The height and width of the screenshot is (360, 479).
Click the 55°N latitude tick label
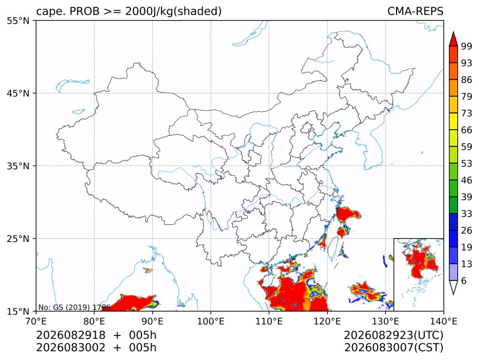click(18, 21)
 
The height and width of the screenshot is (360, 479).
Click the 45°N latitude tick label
click(18, 93)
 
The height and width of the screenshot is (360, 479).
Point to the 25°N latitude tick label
click(18, 239)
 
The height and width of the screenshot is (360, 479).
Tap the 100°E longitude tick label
click(211, 321)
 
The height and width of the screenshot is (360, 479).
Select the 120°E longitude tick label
click(327, 321)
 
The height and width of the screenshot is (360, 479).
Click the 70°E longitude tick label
click(36, 321)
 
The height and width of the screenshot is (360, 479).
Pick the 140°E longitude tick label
click(443, 321)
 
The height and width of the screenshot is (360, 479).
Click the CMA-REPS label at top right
click(415, 11)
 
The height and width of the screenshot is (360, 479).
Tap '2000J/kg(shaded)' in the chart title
click(174, 11)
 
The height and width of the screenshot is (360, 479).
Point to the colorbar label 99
click(467, 46)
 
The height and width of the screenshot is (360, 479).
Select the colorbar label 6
click(464, 280)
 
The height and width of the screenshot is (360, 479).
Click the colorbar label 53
click(467, 164)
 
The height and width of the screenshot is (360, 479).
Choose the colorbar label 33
click(467, 214)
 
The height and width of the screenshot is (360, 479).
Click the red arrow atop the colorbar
click(453, 40)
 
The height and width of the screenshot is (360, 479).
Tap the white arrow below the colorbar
click(453, 287)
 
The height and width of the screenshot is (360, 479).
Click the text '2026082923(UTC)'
click(393, 335)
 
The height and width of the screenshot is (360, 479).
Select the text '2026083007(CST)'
click(393, 348)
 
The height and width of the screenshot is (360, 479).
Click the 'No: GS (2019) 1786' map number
click(74, 307)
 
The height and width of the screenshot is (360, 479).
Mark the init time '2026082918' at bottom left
click(71, 335)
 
